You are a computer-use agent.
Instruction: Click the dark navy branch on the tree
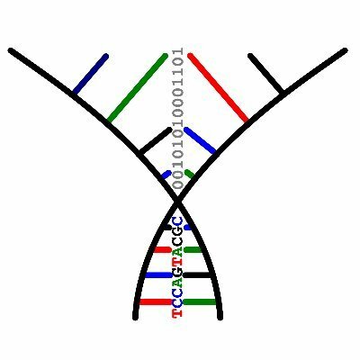pos(91,73)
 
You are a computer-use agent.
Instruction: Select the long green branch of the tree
pos(138,88)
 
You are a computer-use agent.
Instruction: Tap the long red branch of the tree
pos(218,87)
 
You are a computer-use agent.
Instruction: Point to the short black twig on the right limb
pos(266,73)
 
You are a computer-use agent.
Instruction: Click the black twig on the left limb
pos(156,141)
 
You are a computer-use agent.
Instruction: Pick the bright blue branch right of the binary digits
pos(200,140)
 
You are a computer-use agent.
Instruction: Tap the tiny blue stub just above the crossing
pos(166,175)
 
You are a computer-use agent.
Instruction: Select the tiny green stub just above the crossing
pos(190,174)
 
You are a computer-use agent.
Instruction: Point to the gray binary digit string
pos(178,118)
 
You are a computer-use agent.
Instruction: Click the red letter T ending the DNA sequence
pos(177,313)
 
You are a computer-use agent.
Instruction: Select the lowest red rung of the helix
pos(156,301)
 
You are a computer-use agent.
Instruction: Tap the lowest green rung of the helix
pos(200,301)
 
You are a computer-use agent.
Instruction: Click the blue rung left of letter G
pos(159,274)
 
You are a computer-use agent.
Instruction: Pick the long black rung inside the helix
pos(197,274)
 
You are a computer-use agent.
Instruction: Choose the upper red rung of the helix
pos(163,249)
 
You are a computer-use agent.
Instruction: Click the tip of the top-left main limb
pos(10,50)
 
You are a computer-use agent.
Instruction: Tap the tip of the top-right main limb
pos(346,50)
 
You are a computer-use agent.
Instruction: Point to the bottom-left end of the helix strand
pos(135,318)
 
